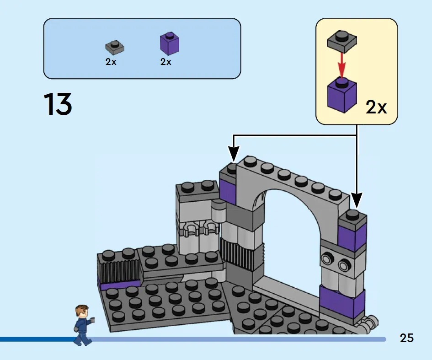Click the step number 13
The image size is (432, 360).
point(58,104)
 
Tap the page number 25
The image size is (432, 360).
point(407,338)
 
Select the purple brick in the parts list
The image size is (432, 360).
point(170,43)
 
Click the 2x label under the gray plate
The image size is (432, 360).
point(111,62)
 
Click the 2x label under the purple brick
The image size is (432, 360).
point(165,62)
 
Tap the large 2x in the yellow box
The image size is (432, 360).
point(376,107)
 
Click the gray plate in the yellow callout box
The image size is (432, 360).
point(341,41)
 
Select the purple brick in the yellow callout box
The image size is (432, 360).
point(341,95)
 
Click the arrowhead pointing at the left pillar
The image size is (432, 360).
point(233,154)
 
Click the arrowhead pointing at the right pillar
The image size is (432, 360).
point(357,200)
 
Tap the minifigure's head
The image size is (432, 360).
point(82,312)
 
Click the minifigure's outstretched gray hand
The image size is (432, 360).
point(92,320)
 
